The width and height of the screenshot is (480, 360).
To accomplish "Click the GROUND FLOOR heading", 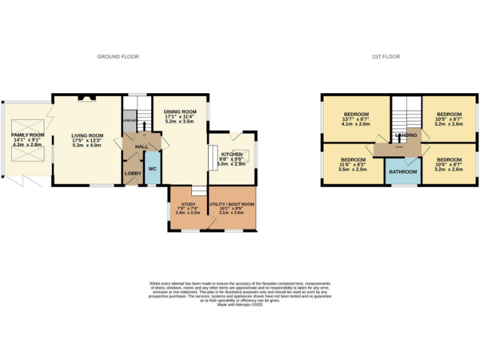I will click(x=117, y=57).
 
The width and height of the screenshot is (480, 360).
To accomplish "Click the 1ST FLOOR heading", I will click(x=386, y=57).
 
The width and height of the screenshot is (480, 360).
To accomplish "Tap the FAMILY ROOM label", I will click(x=28, y=135).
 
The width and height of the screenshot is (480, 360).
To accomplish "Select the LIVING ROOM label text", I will click(x=87, y=136).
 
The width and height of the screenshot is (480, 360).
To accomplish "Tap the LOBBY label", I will click(x=132, y=173).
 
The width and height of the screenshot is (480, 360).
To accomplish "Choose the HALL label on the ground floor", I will click(x=142, y=146).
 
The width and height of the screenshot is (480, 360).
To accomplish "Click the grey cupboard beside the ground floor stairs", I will click(x=129, y=121).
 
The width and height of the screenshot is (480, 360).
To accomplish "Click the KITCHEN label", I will click(x=231, y=153).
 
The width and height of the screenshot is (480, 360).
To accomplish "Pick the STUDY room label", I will click(x=188, y=204).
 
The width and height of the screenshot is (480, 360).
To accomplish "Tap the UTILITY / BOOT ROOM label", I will click(x=232, y=204).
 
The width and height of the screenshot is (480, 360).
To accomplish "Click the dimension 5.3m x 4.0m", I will click(x=87, y=145).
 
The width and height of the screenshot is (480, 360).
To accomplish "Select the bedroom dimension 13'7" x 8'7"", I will click(x=356, y=119).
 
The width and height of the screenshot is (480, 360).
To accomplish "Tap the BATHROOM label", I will click(x=403, y=171).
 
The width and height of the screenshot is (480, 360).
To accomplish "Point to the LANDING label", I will click(x=406, y=135).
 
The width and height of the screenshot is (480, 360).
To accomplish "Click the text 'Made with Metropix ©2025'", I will click(x=240, y=304).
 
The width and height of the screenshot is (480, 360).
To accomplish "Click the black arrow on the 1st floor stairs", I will click(x=397, y=132).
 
